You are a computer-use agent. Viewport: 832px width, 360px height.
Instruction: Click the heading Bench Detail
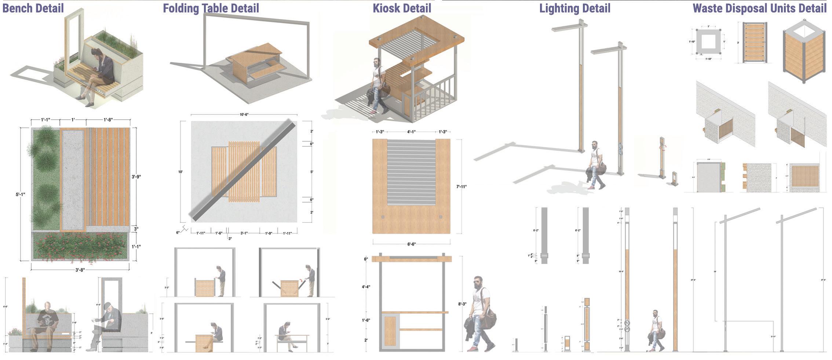tap(33, 8)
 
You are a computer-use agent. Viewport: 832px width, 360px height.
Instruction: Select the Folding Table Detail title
tap(211, 8)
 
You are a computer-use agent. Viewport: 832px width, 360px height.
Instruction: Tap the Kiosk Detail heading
tap(402, 8)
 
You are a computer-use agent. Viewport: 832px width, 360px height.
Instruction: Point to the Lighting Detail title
tap(575, 8)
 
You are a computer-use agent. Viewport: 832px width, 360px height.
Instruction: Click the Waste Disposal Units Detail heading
tap(759, 8)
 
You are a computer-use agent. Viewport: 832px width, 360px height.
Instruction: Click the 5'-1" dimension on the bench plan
tap(21, 194)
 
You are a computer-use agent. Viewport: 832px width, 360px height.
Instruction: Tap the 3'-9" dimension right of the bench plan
tap(136, 177)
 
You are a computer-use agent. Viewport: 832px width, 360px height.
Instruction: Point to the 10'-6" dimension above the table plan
tap(244, 115)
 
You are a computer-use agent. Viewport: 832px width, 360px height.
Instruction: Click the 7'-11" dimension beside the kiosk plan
tap(461, 187)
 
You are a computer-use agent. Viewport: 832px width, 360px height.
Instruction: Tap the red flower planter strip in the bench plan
tap(81, 246)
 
